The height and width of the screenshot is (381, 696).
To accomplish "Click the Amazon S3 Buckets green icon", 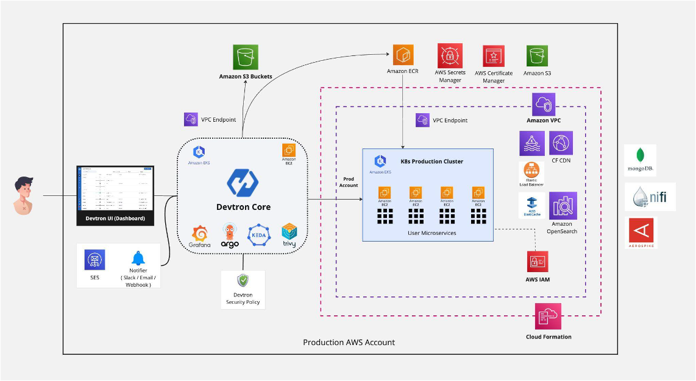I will pos(246,57).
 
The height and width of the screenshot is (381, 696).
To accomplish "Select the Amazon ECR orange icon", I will pos(403,55).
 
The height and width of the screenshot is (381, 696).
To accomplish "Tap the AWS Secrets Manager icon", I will pos(449,56).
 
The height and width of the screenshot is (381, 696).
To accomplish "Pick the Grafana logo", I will pos(199,235).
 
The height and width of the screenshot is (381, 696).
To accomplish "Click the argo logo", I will pos(230,235).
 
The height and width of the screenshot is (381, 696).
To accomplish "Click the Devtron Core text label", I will pos(243,207).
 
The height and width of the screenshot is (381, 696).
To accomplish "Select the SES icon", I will pos(94,260).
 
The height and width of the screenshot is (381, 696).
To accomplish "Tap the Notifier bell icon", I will pos(138,259).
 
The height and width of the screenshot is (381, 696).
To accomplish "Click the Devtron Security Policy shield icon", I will pos(243,281).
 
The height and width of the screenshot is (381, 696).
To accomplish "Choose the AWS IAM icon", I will pos(538,262).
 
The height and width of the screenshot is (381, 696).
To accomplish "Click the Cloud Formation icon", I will pos(549,316).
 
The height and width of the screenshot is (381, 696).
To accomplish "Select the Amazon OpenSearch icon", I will pos(563,206).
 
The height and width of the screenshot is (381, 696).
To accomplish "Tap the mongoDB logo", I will pos(640,160).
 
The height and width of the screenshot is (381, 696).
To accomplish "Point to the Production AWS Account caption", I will pos(349,343).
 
